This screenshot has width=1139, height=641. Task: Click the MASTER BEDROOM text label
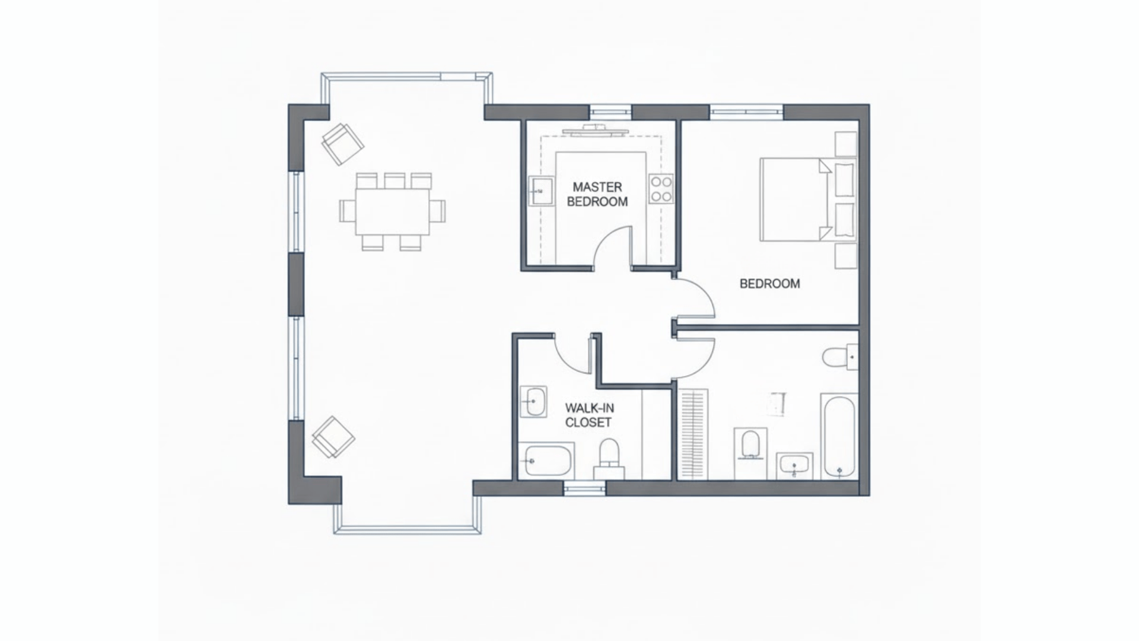click(x=597, y=195)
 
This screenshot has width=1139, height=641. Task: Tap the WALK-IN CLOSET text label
click(x=588, y=415)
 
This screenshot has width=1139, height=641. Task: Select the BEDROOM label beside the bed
click(x=769, y=284)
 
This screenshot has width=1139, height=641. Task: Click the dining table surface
click(x=393, y=212)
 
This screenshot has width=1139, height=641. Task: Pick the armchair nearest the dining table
click(x=342, y=144)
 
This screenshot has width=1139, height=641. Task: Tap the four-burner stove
click(x=661, y=189)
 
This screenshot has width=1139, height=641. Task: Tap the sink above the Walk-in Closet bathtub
click(x=534, y=402)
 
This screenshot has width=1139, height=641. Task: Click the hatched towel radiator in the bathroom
click(x=693, y=434)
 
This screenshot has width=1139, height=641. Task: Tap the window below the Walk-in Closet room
click(x=584, y=488)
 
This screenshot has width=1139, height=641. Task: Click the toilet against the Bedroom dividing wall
click(x=839, y=357)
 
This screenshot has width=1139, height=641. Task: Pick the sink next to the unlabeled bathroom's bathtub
click(x=794, y=465)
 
